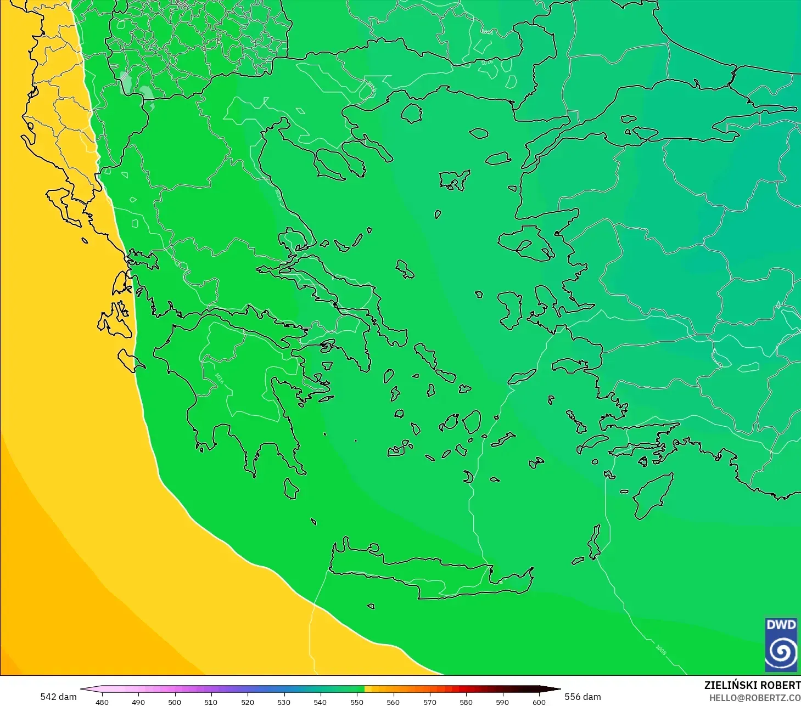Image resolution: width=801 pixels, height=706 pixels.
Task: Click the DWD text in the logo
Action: (781, 625)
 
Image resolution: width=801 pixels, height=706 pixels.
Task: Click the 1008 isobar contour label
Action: (660, 649)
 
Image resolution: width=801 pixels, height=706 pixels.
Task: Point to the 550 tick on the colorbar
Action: (357, 702)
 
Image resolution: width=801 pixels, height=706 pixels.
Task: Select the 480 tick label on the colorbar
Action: (102, 702)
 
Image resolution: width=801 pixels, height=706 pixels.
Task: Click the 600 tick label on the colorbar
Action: (539, 702)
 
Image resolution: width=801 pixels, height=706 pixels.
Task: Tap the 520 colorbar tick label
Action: (248, 702)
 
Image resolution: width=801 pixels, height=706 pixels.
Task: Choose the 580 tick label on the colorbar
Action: (466, 702)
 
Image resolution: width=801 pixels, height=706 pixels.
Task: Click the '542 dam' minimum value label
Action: (58, 697)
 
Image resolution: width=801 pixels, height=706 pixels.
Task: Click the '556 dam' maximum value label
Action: (582, 697)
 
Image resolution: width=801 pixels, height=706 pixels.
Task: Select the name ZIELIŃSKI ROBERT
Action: (752, 685)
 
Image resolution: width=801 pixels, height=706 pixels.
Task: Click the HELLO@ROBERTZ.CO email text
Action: (754, 698)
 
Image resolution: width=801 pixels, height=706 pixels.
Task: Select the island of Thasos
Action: (412, 114)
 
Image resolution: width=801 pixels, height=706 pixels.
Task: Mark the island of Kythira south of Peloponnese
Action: (291, 488)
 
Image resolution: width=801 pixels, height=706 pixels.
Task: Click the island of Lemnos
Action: (453, 180)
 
